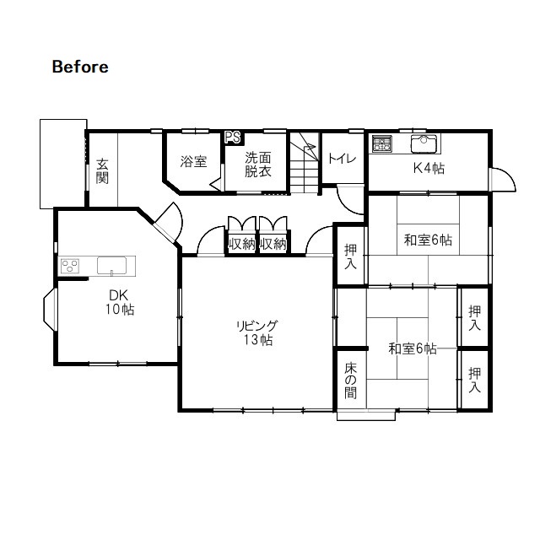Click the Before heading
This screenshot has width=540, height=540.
(x=80, y=67)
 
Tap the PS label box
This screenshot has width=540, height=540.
(x=233, y=138)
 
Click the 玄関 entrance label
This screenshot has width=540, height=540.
(x=102, y=170)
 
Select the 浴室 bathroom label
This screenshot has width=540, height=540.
(x=193, y=161)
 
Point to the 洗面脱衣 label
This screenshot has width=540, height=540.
(x=258, y=165)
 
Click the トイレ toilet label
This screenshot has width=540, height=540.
(x=342, y=159)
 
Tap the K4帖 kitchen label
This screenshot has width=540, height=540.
(x=429, y=169)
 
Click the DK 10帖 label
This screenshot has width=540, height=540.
(x=119, y=302)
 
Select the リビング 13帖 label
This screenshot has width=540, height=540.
(x=257, y=332)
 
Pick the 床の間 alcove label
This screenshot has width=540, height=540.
(x=351, y=381)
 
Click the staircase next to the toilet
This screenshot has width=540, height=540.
(x=305, y=163)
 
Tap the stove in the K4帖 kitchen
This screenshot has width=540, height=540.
(x=381, y=143)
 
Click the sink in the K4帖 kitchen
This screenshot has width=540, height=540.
(x=424, y=143)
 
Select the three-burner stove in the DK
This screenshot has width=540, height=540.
(x=70, y=267)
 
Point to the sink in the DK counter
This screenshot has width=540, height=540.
(x=111, y=266)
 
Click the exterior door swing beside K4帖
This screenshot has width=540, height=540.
(x=503, y=179)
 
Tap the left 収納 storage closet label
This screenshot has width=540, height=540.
(x=242, y=244)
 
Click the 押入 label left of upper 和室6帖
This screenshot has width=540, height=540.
(x=351, y=256)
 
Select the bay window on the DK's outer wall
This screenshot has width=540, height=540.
(x=49, y=310)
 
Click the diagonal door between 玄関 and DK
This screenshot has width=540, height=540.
(x=168, y=222)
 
